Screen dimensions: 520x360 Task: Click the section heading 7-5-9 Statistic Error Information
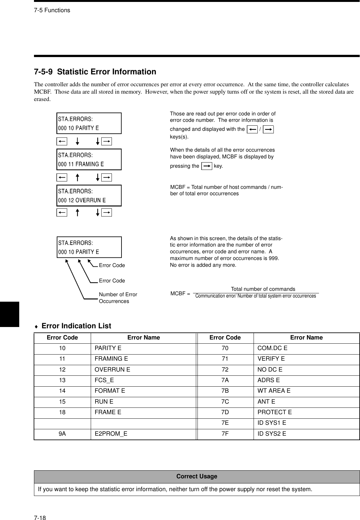coord(95,72)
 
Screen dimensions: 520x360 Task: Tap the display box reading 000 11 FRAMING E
coord(89,159)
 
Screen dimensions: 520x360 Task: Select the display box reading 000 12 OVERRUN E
coord(89,196)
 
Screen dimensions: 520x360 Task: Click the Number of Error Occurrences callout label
coord(118,298)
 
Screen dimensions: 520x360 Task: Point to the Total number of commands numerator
coord(263,289)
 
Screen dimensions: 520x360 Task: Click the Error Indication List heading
coord(76,326)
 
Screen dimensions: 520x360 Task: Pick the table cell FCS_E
coord(104,380)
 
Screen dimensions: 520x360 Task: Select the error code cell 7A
coord(225,380)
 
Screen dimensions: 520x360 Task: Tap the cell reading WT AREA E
coord(274,391)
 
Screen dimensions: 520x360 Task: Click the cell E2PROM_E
coord(111,434)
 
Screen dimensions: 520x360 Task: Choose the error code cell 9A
coord(62,434)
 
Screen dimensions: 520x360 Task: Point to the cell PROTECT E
coord(275,412)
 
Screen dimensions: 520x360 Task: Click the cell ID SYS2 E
coord(272,434)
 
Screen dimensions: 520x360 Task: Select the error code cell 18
coord(62,412)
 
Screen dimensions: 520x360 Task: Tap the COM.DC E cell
coord(272,348)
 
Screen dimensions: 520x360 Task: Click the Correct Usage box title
coord(197,476)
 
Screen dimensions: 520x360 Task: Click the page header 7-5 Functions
coord(52,10)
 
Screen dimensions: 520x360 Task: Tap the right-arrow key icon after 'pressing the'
coord(207,166)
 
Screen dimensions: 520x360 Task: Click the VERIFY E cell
coord(271,359)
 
